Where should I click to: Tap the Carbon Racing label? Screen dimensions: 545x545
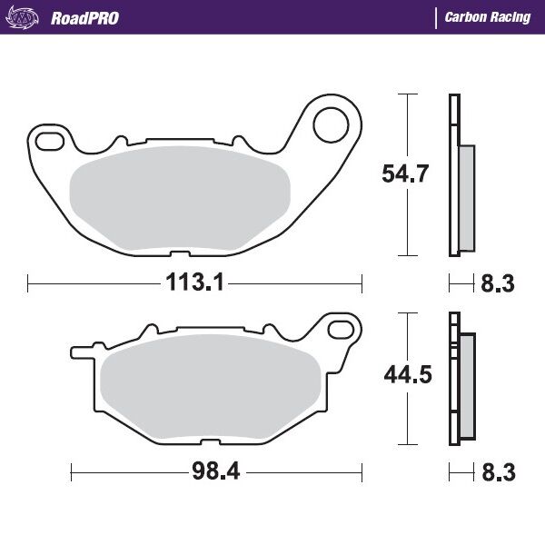pyautogui.click(x=487, y=18)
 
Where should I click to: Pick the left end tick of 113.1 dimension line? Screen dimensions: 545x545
pyautogui.click(x=29, y=283)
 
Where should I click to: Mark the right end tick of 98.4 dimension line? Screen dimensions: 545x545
pyautogui.click(x=362, y=473)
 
